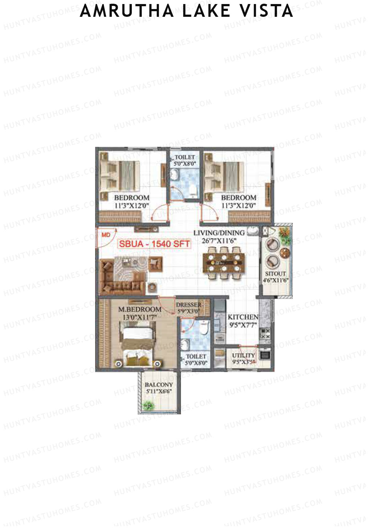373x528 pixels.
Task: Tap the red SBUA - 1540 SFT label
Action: click(154, 244)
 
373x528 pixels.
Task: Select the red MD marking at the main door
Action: click(106, 235)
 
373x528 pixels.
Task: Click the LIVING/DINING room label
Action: click(219, 233)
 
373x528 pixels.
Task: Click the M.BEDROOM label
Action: click(140, 309)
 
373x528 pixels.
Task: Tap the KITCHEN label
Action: click(243, 317)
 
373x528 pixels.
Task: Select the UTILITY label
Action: click(243, 355)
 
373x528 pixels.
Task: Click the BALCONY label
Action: click(159, 385)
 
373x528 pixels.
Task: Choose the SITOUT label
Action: click(275, 273)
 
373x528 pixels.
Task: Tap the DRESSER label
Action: click(188, 305)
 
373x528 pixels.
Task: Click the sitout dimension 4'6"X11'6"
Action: click(276, 280)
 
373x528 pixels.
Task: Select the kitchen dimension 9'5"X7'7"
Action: click(243, 325)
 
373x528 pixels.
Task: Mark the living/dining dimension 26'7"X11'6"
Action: click(219, 241)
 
